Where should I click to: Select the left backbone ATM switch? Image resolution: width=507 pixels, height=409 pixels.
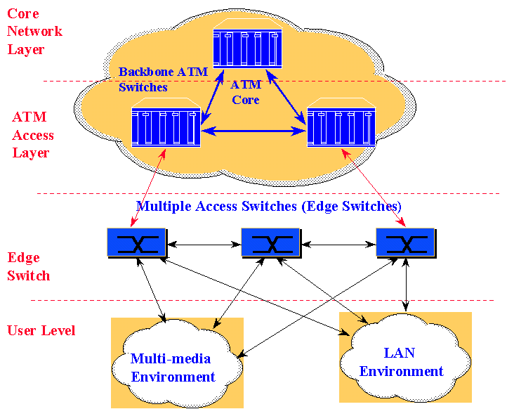(166, 124)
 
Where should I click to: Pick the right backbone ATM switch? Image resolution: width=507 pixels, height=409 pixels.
(341, 124)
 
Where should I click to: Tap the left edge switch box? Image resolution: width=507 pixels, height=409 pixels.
(136, 242)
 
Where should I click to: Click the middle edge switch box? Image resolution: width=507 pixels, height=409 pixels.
(270, 242)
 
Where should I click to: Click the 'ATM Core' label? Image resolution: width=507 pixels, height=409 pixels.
(246, 92)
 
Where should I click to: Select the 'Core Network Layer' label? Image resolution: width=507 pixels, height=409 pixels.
(35, 32)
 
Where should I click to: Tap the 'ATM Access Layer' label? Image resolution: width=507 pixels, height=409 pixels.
(33, 134)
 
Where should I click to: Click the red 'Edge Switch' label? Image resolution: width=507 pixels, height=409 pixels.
(29, 266)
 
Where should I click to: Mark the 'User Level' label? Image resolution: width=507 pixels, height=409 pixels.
(41, 330)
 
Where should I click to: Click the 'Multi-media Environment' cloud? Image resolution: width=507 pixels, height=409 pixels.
(173, 367)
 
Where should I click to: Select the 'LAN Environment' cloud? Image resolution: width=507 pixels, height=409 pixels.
(402, 361)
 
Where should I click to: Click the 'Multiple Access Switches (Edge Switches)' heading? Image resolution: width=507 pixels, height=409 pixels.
(269, 207)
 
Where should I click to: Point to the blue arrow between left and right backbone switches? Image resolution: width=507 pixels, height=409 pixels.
(253, 130)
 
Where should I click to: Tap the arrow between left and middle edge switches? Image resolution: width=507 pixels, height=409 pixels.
(204, 245)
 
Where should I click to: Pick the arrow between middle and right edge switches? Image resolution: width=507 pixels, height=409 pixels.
(338, 245)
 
